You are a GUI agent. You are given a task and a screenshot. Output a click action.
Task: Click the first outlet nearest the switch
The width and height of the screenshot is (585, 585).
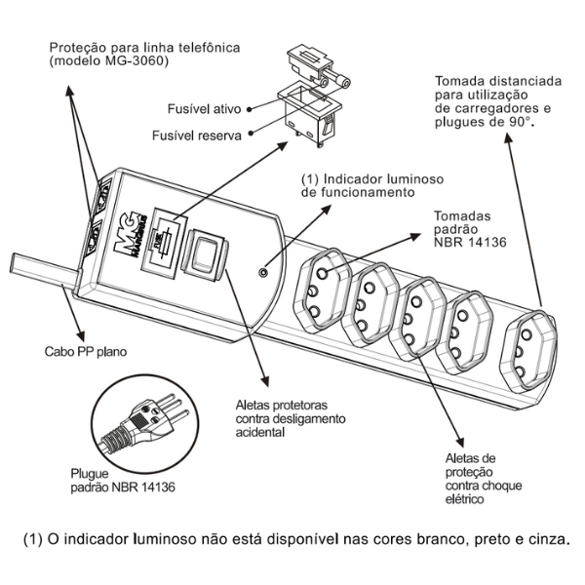[x=321, y=289]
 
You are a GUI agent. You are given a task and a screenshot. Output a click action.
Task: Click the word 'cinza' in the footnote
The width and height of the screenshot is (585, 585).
[x=545, y=539]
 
